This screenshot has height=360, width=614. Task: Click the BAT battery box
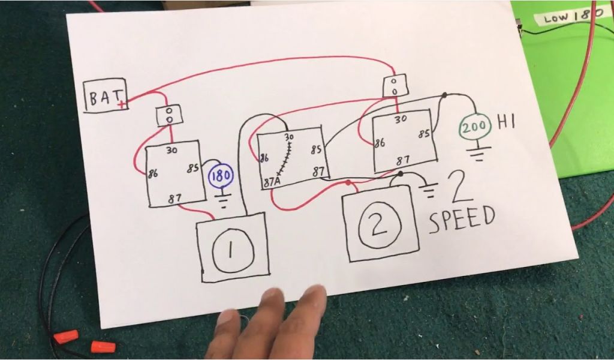coord(106,95)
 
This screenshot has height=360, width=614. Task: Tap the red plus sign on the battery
coord(122,104)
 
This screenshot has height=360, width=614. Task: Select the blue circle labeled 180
coord(220,177)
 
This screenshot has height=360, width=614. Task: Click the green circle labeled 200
coord(475,128)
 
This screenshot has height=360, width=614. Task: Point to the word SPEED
coord(462,219)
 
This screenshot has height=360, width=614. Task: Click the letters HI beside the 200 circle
coord(505,123)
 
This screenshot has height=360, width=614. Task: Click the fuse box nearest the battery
coord(169,115)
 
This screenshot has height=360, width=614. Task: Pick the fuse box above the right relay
coord(395,85)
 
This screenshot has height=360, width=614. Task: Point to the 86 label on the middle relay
coord(263,158)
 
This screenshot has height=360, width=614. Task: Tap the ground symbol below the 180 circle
coord(222,200)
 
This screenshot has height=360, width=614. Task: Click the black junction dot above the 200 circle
coord(444,95)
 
